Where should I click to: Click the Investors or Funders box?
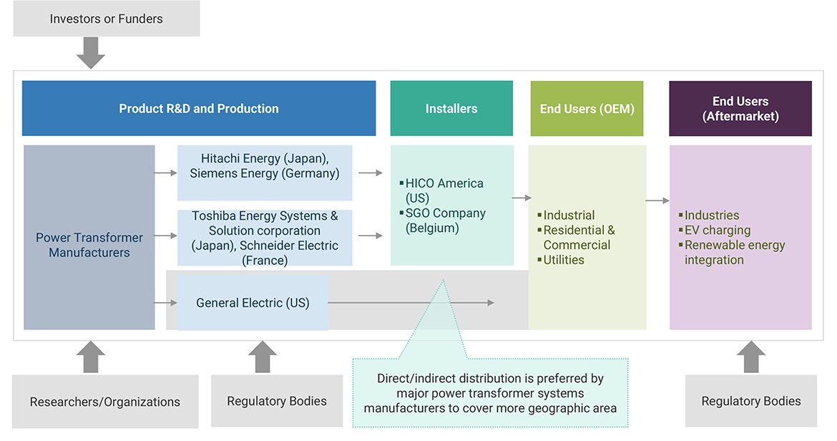click(x=106, y=19)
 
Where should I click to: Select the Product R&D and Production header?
click(x=199, y=109)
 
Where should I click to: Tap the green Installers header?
click(x=451, y=109)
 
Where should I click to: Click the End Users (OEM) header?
click(x=587, y=109)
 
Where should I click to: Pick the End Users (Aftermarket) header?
click(x=740, y=109)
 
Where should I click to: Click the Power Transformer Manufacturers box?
click(x=89, y=245)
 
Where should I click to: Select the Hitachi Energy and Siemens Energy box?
click(x=265, y=166)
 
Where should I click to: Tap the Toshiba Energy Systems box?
click(x=265, y=238)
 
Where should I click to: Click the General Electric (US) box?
click(x=253, y=303)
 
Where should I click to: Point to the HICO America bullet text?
click(x=444, y=190)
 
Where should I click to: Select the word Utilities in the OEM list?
click(x=564, y=260)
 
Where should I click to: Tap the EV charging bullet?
click(x=718, y=230)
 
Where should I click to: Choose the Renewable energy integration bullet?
click(x=734, y=252)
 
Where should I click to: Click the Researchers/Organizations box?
click(x=105, y=402)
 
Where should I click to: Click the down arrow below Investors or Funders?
click(x=91, y=53)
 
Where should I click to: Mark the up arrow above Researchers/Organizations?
click(x=91, y=357)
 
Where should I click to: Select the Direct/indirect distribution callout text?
click(x=490, y=393)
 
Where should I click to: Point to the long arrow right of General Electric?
click(x=411, y=303)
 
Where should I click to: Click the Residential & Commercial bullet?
click(x=579, y=238)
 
